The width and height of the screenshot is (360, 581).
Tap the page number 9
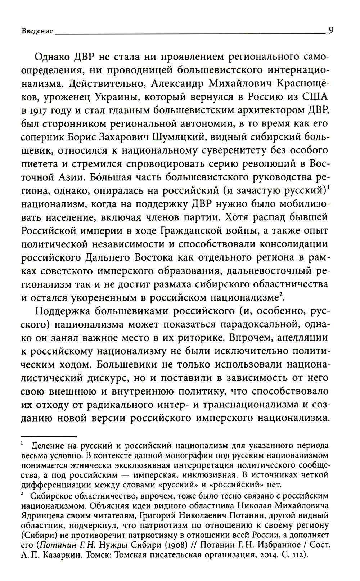click(330, 30)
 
